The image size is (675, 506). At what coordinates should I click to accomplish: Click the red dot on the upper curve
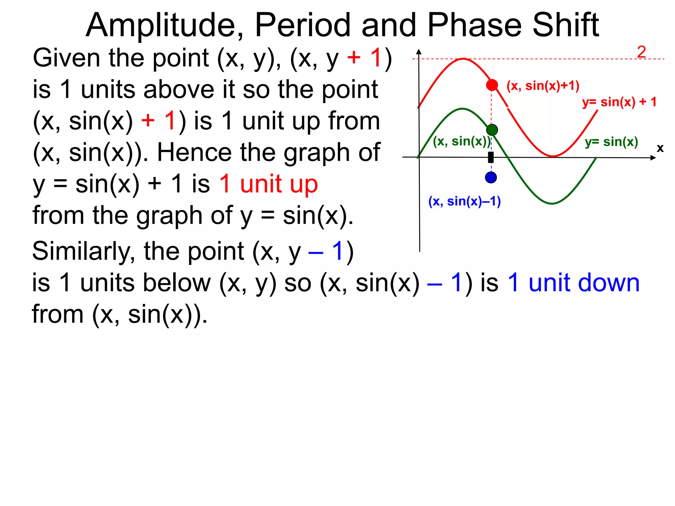tap(492, 85)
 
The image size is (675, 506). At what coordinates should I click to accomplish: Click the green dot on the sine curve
tap(492, 130)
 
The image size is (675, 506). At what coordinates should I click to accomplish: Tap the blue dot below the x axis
tap(491, 178)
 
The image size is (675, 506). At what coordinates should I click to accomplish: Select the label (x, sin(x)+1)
tap(543, 86)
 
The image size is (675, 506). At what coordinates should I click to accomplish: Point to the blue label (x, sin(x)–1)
tap(464, 201)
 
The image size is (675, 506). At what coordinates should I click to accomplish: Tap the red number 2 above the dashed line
tap(641, 52)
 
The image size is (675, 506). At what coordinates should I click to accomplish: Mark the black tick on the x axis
tap(491, 157)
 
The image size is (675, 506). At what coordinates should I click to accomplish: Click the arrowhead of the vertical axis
tap(419, 51)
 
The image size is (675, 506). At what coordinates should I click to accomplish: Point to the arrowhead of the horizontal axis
tap(653, 158)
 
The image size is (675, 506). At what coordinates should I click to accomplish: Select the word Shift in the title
tap(566, 25)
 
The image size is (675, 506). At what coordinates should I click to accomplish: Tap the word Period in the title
tap(303, 25)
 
